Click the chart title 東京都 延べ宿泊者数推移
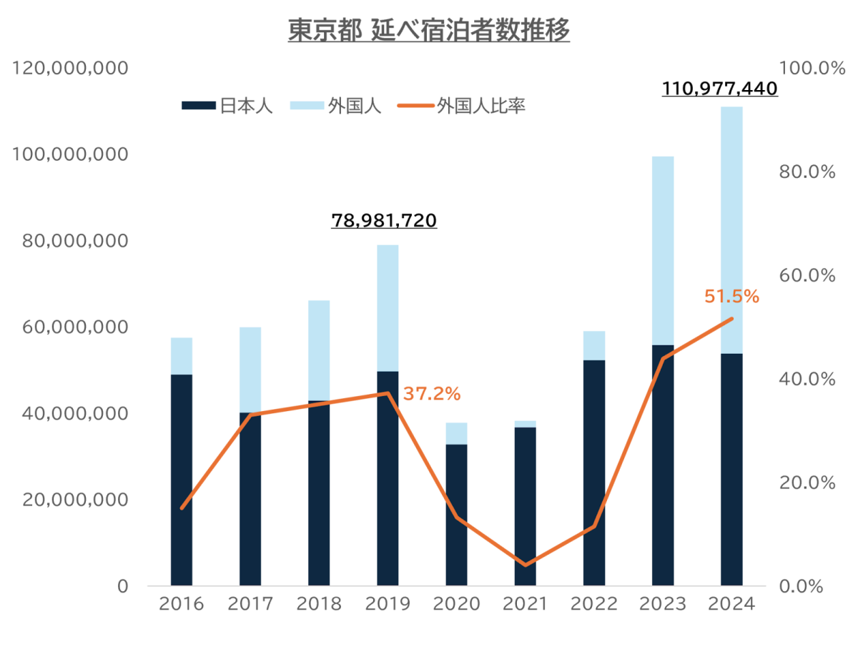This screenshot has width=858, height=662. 429,31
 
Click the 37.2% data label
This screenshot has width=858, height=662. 432,393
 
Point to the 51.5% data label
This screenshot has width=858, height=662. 731,297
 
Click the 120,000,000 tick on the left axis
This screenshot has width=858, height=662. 71,69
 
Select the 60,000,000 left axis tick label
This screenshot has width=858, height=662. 71,327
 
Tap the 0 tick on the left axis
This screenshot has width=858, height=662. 123,586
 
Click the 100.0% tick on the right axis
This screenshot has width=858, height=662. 807,69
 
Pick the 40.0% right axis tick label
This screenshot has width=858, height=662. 807,379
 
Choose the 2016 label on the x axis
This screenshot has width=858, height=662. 181,604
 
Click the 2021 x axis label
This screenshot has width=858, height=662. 525,604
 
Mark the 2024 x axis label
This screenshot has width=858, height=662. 731,604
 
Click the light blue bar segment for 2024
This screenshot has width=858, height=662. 731,229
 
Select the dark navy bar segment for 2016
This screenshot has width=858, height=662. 181,479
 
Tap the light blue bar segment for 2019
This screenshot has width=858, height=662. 388,307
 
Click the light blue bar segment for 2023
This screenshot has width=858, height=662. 663,250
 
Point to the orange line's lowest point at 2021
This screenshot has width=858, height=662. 526,565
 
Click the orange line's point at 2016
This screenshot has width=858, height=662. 182,508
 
